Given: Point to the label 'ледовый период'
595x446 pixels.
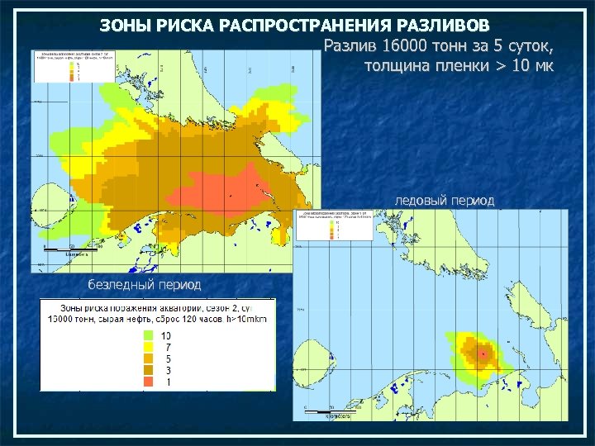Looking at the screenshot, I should [445, 201].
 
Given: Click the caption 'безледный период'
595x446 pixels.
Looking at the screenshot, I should [145, 284].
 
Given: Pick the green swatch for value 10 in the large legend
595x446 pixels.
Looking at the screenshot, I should [148, 336].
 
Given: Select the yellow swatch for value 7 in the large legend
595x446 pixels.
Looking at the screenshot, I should [148, 348].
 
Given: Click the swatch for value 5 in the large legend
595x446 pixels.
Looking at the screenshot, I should [148, 359].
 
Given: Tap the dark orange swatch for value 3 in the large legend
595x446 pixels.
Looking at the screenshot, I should [148, 371].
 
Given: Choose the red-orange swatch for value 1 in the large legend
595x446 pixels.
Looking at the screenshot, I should [148, 382].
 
